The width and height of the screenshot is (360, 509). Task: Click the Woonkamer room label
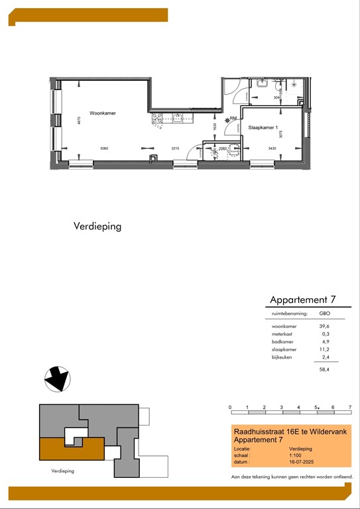coord(103,113)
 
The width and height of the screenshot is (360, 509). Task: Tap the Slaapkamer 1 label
coord(262,127)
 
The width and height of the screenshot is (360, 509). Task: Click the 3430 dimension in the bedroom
coord(272,148)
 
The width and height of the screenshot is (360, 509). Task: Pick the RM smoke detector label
coord(233,119)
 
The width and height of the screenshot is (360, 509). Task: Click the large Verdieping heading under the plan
coord(97,226)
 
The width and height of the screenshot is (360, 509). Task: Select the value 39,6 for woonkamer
coord(325,326)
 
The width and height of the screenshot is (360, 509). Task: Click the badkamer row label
coord(283,341)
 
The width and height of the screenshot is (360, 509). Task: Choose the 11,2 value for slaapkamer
coord(325,349)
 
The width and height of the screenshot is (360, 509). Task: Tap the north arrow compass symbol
coord(56,380)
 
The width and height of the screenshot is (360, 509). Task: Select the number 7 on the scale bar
coord(349,406)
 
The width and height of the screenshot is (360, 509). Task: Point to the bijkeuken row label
coord(282,357)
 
